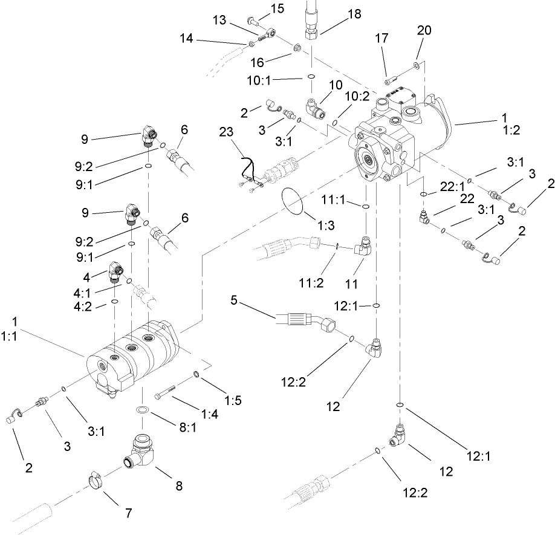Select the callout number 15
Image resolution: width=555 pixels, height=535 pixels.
[x=277, y=8]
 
